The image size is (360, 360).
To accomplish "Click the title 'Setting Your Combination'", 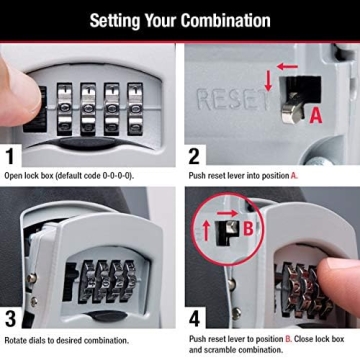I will pos(180,20).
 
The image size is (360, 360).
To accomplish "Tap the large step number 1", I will pos(13,156).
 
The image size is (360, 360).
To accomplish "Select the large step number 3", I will pos(13,320).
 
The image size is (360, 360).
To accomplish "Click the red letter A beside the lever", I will pos(316,115).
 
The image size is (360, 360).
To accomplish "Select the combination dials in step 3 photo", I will pos(106,278).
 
